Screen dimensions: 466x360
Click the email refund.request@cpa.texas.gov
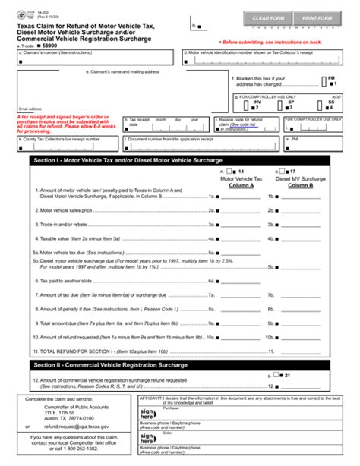click(77, 427)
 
